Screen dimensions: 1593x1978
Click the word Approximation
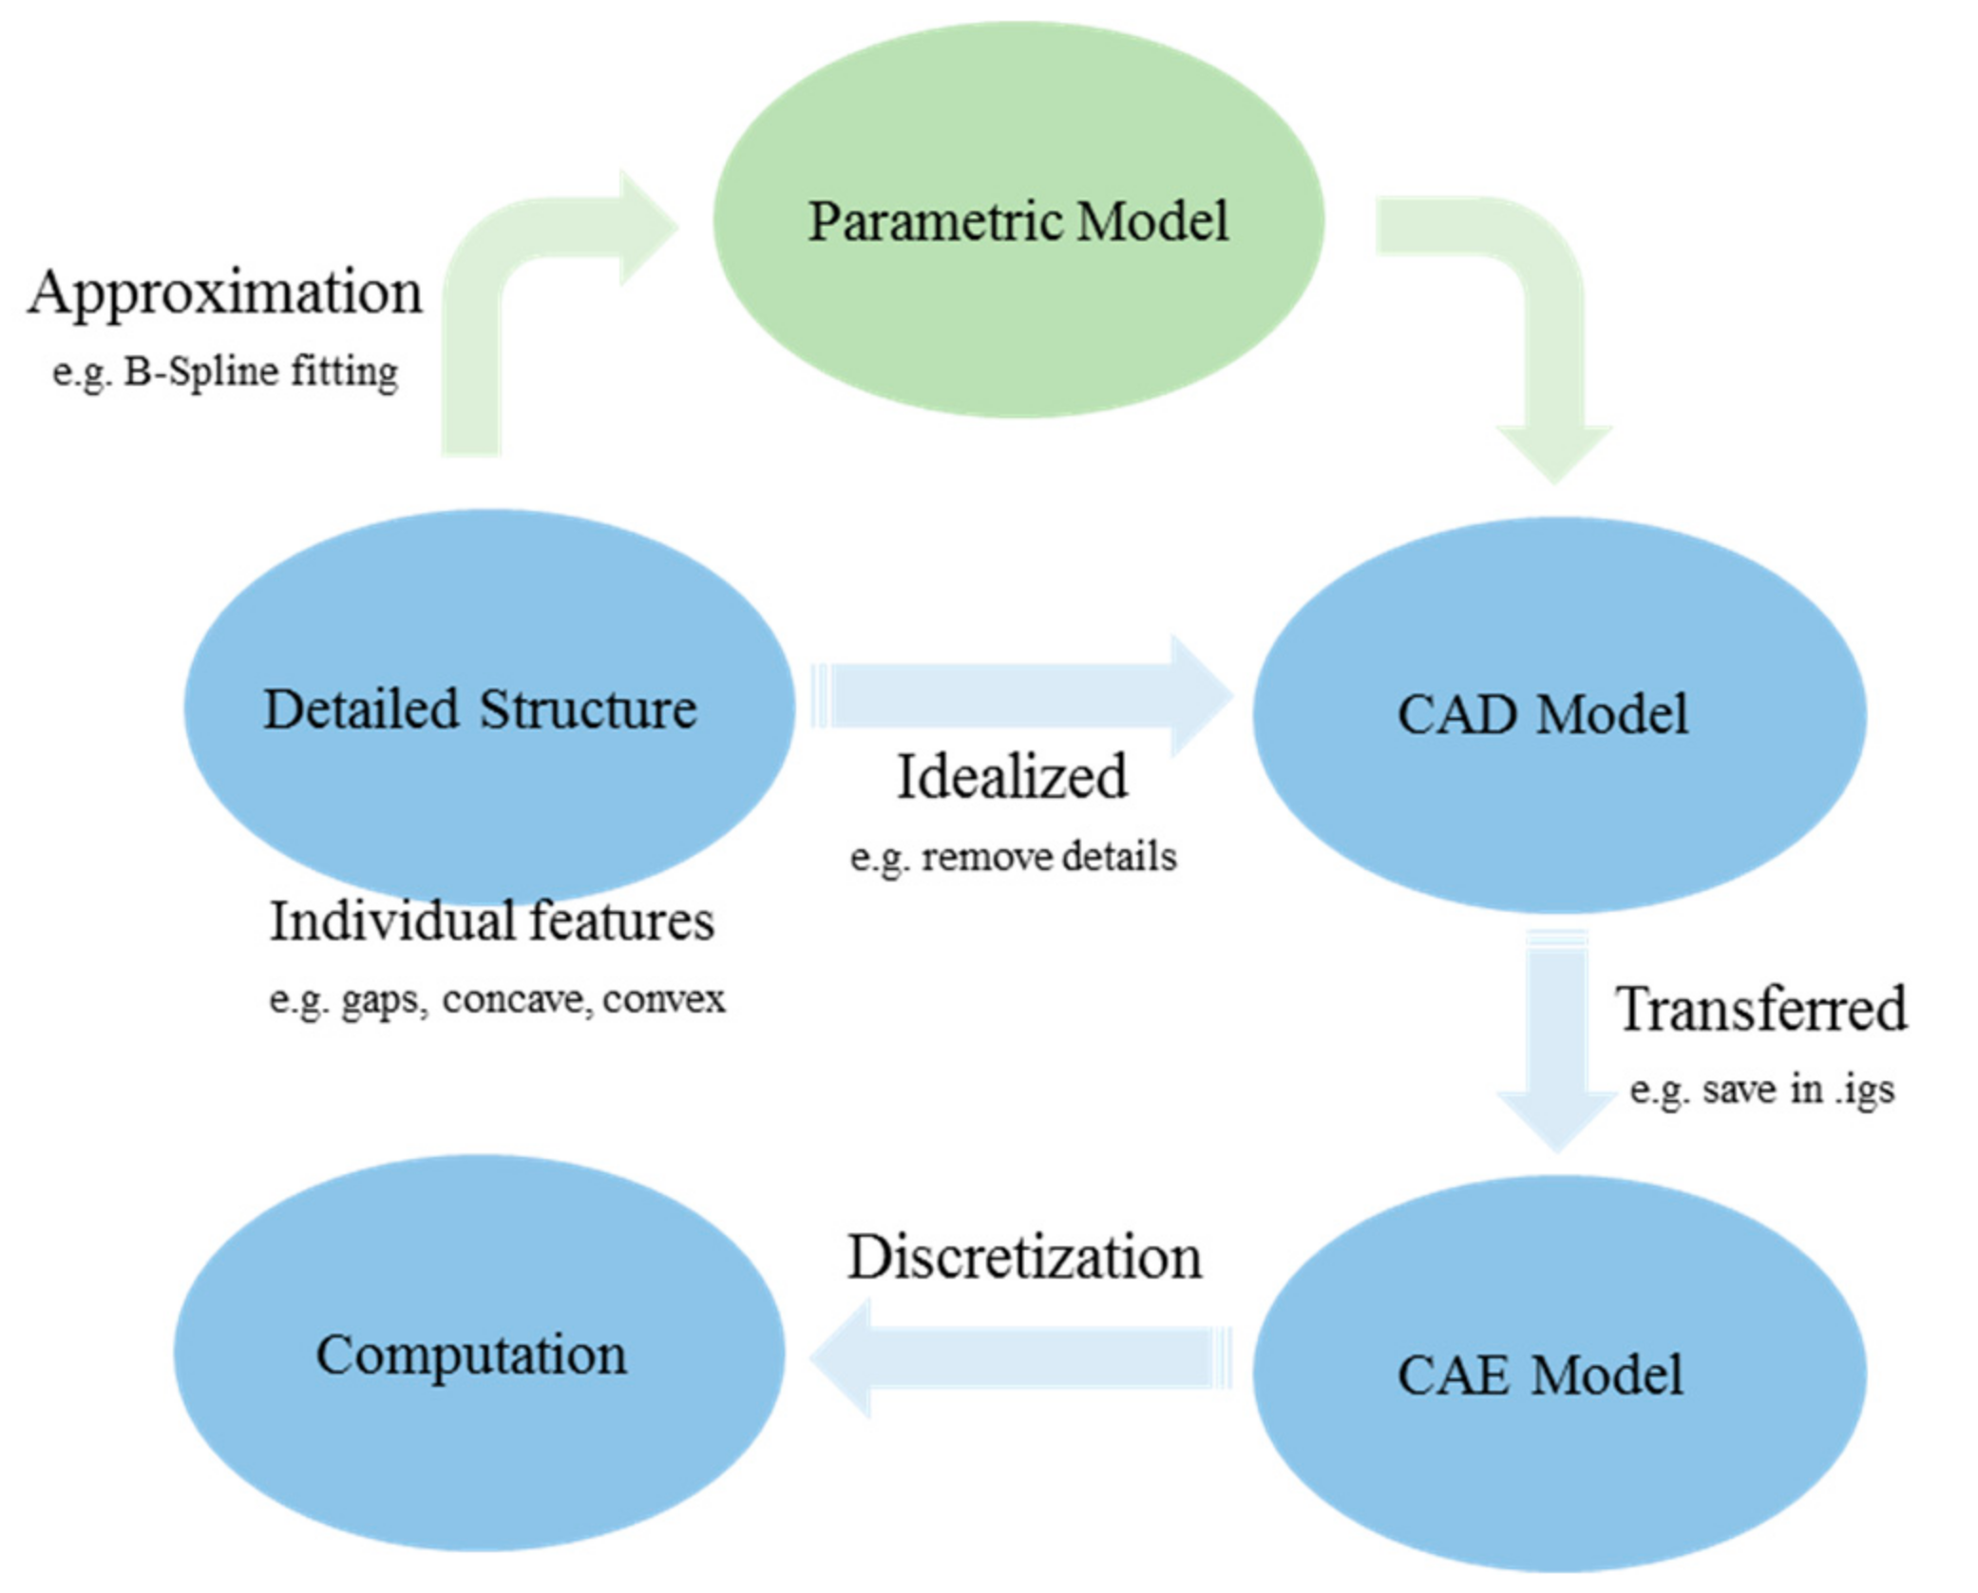point(225,293)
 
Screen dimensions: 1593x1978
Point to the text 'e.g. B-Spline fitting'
point(225,371)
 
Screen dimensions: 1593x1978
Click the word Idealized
point(1013,777)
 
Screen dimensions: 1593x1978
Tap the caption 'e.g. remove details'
point(1013,857)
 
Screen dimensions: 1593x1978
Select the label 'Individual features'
point(492,921)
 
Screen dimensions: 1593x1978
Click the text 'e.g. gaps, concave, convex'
point(497,999)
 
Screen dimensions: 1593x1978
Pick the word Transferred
point(1760,1009)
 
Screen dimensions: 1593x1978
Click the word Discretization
point(1024,1258)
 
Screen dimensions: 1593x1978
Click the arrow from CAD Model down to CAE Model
point(1556,1035)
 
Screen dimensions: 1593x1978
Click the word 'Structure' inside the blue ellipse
point(588,710)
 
